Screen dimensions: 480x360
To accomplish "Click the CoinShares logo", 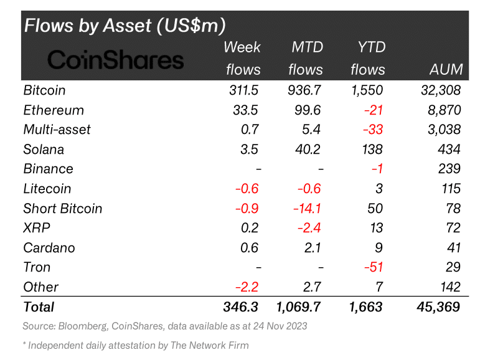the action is coord(116,59).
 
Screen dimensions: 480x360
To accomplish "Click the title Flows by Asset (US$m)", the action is coord(125,25).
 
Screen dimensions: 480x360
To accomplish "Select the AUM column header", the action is coord(446,70).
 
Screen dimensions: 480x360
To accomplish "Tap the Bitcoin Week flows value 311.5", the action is coord(243,90).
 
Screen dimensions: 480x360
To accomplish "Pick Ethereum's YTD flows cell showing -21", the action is coord(374,110).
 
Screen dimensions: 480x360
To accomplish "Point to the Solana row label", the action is coord(44,149).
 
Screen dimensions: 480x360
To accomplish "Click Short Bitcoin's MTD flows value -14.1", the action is coord(307,209).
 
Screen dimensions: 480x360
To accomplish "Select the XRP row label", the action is coord(37,228).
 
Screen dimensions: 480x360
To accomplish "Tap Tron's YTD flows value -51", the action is coord(374,267).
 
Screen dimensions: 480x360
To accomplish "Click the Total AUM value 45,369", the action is coord(438,307).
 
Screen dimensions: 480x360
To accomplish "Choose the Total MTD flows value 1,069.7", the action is coord(298,307).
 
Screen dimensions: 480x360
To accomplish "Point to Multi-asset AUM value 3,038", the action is coord(444,130).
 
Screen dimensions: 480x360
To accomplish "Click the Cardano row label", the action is coord(49,248).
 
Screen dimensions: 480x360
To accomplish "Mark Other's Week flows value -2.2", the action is coord(247,287).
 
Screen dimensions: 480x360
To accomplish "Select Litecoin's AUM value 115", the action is coord(451,189).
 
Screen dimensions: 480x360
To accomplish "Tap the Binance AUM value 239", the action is coord(449,169).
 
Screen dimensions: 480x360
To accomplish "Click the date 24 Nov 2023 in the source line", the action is coord(280,326).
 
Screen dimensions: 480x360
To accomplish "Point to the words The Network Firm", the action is coord(210,345).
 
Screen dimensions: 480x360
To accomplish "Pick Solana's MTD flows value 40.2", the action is coord(308,149).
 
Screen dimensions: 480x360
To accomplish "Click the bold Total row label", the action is coord(39,307).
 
